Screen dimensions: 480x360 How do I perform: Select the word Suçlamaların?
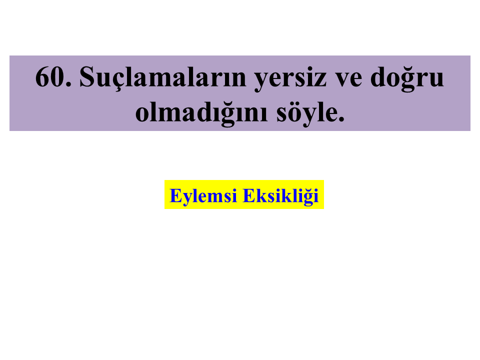point(162,78)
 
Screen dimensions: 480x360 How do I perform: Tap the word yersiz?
point(290,79)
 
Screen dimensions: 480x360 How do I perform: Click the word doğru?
point(407,78)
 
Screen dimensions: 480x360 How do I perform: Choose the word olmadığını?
point(201,113)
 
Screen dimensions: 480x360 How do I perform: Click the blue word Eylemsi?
point(203,196)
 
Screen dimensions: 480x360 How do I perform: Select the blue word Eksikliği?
point(280,196)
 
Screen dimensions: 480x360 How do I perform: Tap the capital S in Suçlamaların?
point(86,76)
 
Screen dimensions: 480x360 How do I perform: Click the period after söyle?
point(341,119)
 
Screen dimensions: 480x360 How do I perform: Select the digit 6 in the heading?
point(42,77)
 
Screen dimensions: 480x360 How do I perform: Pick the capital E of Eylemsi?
point(176,195)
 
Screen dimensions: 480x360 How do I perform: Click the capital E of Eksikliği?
point(249,195)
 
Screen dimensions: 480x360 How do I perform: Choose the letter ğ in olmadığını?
point(228,115)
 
